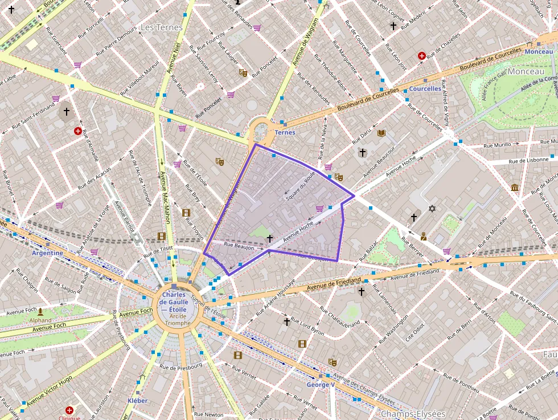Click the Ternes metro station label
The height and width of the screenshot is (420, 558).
(x=285, y=132)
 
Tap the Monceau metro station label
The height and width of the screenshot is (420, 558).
(x=539, y=52)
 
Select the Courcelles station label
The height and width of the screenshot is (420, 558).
(x=425, y=89)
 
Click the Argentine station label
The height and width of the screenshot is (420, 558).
(x=47, y=252)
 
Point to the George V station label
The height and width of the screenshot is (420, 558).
(x=320, y=385)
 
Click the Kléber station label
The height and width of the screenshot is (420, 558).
(x=138, y=401)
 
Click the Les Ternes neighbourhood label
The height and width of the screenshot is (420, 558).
(x=161, y=27)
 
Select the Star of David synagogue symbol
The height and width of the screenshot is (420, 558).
(x=432, y=209)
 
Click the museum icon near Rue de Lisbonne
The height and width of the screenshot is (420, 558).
(x=515, y=188)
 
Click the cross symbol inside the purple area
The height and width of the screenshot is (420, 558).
(x=270, y=239)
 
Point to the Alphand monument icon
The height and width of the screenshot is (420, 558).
(x=40, y=312)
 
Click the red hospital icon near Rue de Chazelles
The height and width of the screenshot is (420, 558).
(x=422, y=56)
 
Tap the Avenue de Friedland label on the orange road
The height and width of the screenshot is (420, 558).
(x=334, y=283)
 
